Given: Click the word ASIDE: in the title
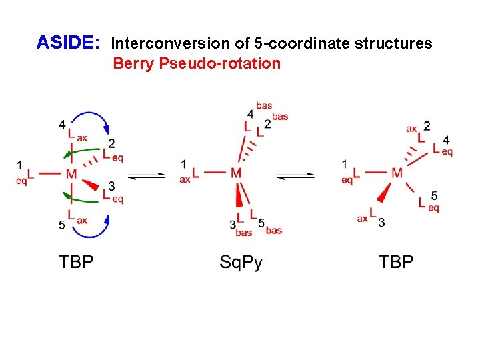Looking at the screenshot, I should click(68, 43).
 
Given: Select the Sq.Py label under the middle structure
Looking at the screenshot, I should click(241, 262).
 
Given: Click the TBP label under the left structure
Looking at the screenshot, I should click(76, 262).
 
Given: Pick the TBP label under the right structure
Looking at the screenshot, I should click(396, 262).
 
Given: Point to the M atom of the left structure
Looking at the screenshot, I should click(71, 174).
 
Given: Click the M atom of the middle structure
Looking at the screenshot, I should click(236, 173).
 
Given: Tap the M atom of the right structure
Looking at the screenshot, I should click(397, 173).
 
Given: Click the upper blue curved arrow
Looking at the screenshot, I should click(91, 118).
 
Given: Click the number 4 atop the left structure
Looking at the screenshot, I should click(61, 124).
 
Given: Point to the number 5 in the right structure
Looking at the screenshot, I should click(434, 195).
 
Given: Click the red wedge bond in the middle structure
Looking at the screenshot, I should click(239, 197).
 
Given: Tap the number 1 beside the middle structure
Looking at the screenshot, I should click(184, 164).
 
